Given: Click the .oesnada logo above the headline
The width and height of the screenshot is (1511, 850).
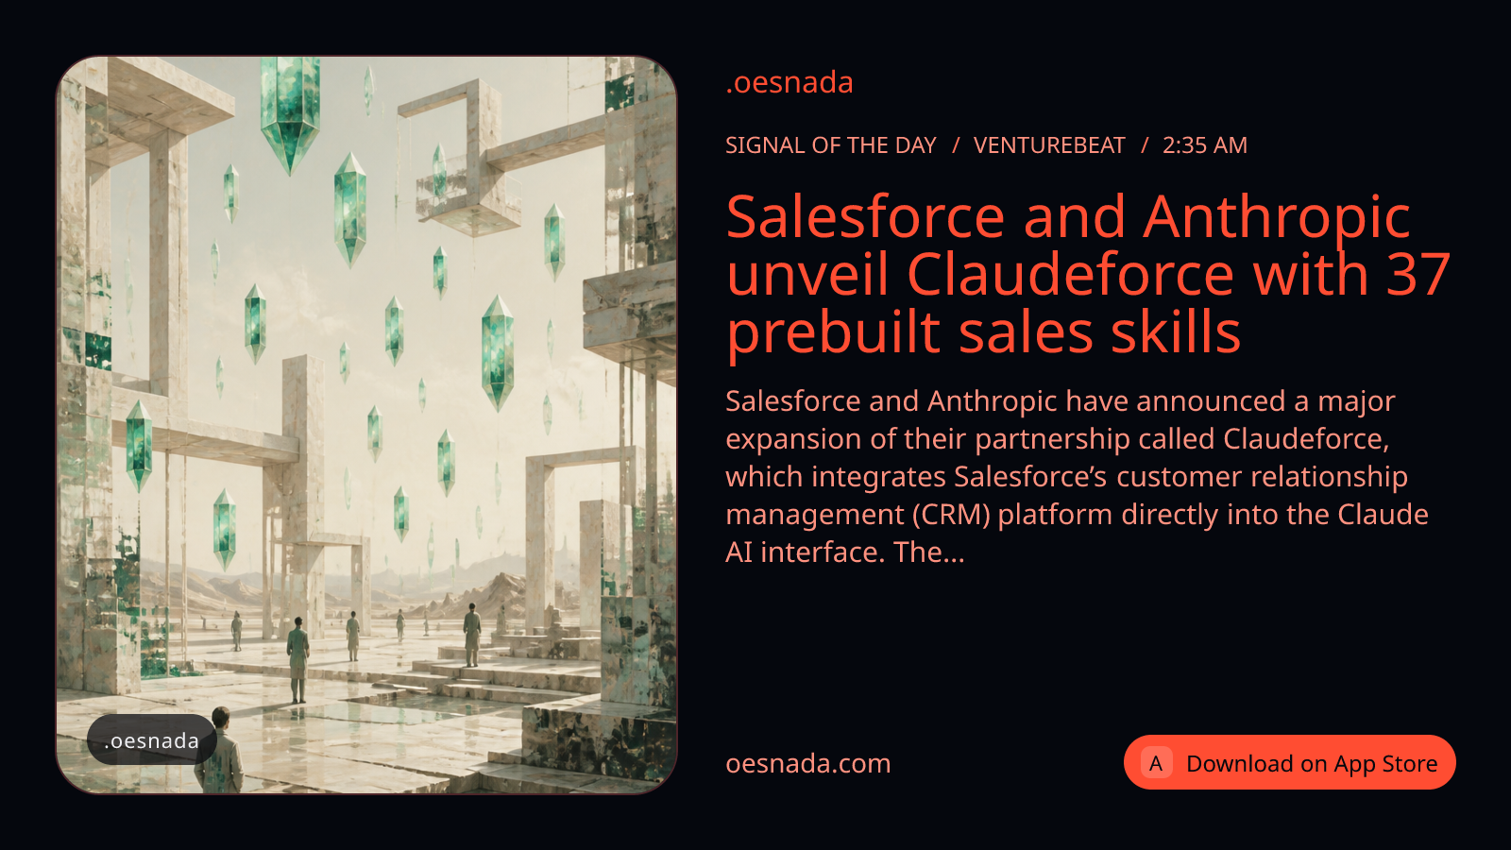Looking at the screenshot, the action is click(789, 83).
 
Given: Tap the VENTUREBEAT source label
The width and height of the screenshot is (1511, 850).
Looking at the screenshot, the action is click(1049, 145).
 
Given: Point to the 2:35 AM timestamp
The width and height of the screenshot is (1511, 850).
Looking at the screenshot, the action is click(1205, 145).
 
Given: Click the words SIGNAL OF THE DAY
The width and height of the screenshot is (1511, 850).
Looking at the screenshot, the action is click(831, 145).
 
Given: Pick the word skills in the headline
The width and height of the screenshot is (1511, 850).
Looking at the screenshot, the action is click(1175, 331).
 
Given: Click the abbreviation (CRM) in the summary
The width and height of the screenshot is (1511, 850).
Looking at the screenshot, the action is click(951, 515).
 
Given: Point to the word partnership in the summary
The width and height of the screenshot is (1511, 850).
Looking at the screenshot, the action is click(1052, 440).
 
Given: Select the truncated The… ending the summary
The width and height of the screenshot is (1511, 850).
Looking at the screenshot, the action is click(929, 552).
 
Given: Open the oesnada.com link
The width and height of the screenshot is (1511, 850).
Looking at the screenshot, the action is click(808, 764).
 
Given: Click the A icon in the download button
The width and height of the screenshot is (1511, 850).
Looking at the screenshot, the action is click(1156, 763).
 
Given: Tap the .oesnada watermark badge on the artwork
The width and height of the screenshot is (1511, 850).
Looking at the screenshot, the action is click(152, 740).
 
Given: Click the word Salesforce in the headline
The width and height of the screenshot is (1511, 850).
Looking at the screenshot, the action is click(865, 217).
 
